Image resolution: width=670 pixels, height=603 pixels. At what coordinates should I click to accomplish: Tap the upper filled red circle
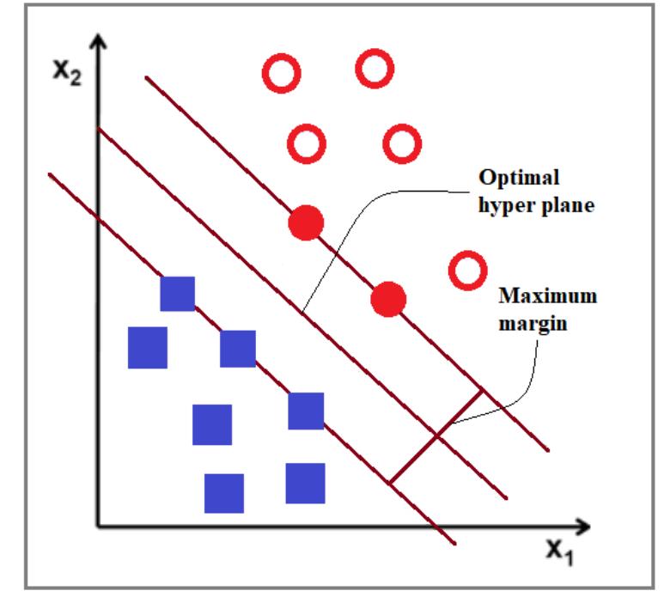pos(306,224)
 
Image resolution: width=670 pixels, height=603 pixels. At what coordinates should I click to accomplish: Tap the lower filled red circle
pos(388,299)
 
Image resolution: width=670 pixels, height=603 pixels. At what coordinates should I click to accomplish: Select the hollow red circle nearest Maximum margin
pos(468,271)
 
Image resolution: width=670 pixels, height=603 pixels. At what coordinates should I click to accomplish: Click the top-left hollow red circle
pos(282,74)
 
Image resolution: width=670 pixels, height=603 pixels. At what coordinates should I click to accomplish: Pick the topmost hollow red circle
pos(375,68)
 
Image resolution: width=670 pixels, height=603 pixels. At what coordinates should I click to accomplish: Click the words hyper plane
pos(537,207)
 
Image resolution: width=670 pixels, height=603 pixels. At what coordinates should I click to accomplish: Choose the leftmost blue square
pos(148,348)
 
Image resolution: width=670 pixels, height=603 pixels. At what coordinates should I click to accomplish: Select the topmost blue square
pos(178,294)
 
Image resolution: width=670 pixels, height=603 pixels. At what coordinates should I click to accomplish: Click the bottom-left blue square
pos(224,493)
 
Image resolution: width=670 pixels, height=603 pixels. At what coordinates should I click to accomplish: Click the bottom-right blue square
pos(305,483)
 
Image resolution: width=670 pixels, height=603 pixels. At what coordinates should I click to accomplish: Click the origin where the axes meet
pos(99,526)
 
